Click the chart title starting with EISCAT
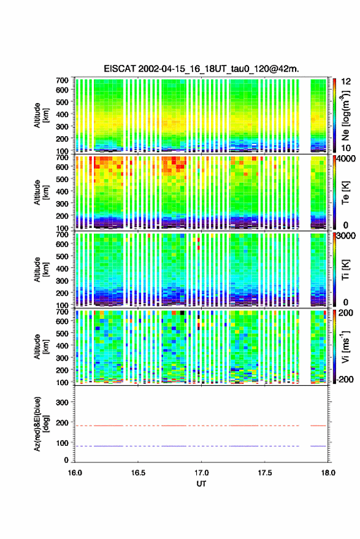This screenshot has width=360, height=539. (x=202, y=69)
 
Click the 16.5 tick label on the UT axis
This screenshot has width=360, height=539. (x=138, y=473)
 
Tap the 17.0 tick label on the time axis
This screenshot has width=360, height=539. (x=202, y=473)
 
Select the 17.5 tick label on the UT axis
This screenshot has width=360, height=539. (x=265, y=473)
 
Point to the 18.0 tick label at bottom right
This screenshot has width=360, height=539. (x=328, y=473)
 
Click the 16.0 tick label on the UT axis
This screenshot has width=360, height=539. (x=75, y=473)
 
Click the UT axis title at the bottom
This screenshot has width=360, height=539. (x=202, y=484)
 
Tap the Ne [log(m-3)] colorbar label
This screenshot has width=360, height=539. (x=346, y=115)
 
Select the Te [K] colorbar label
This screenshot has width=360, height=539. (x=345, y=193)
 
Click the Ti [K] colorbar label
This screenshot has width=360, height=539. (x=345, y=270)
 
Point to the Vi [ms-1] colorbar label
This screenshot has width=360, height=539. (x=345, y=346)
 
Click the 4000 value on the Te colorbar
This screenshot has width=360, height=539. (x=346, y=159)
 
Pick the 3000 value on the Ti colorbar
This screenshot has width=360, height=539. (x=346, y=236)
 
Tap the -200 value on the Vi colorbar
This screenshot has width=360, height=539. (x=345, y=380)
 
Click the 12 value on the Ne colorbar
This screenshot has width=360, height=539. (x=347, y=82)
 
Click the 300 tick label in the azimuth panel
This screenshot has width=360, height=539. (x=62, y=402)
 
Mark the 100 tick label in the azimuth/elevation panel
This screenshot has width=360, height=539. (x=62, y=443)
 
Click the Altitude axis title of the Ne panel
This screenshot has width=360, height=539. (x=41, y=115)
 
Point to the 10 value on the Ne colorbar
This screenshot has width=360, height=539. (x=347, y=148)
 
